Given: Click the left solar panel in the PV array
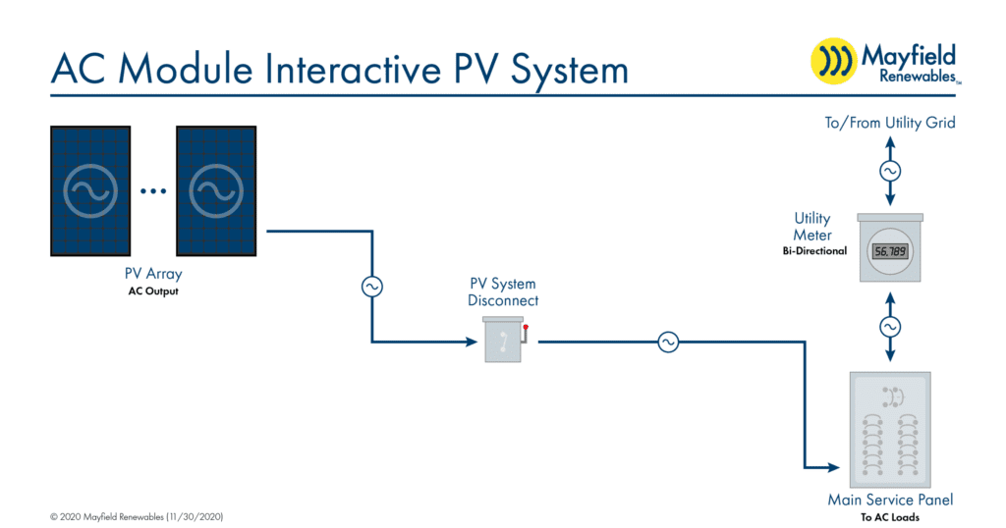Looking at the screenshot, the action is click(90, 191).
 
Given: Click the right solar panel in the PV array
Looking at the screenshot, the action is click(216, 191).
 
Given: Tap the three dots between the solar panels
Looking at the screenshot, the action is click(153, 191).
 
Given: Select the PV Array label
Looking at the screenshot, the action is click(153, 274).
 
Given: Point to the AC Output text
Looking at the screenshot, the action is click(153, 291).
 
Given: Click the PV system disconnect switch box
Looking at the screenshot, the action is click(503, 340).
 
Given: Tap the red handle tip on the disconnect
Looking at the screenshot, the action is click(526, 328).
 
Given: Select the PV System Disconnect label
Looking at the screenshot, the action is click(503, 292).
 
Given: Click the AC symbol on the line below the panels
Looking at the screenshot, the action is click(372, 287).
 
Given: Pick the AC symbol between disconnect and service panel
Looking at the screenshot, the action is click(668, 343).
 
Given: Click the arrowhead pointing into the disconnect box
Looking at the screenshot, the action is click(472, 343).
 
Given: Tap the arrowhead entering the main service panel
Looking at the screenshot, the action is click(833, 468).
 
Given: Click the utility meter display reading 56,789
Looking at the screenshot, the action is click(890, 251).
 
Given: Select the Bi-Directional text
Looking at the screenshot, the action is click(814, 251).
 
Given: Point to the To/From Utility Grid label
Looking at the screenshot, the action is click(890, 123).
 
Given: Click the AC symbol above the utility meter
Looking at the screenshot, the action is click(890, 171).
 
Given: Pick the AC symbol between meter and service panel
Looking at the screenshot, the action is click(890, 327).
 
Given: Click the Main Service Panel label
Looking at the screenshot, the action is click(890, 500).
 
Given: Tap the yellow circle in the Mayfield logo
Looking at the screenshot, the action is click(833, 61).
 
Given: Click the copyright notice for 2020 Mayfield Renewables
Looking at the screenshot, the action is click(137, 517).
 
